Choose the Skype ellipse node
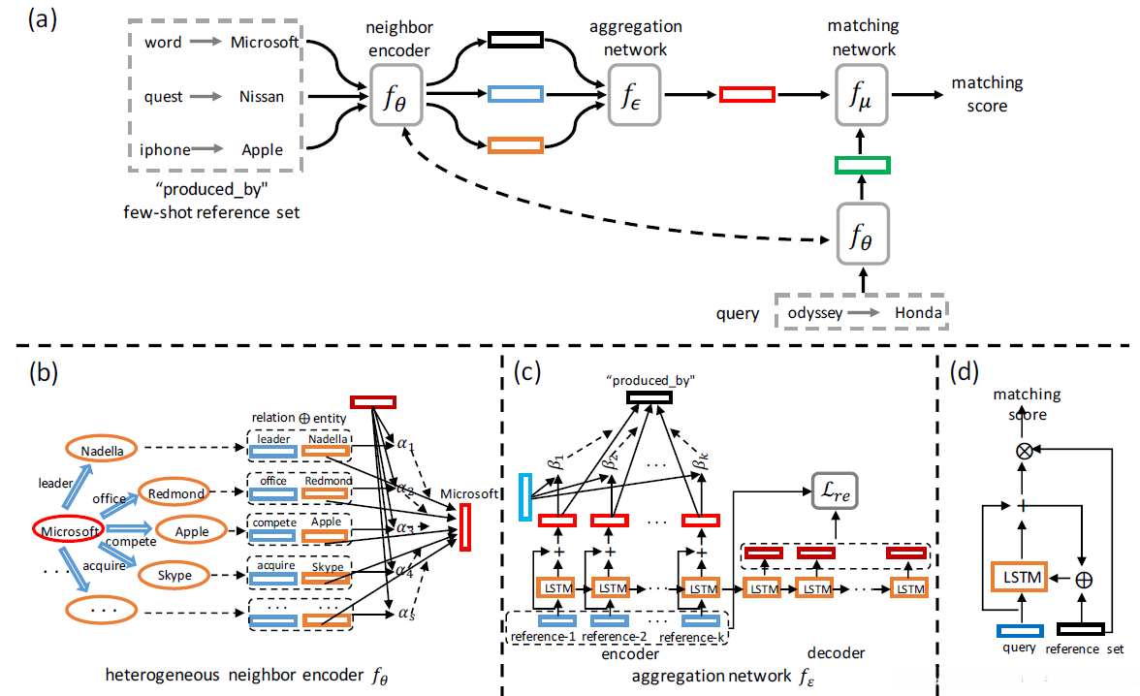tap(174, 576)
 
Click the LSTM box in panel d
tap(1018, 578)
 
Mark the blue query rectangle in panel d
tap(1018, 629)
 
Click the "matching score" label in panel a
tap(987, 95)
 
